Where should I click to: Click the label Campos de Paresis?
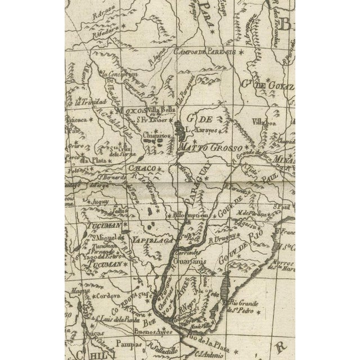tap(206, 52)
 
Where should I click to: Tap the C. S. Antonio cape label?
tap(209, 353)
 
